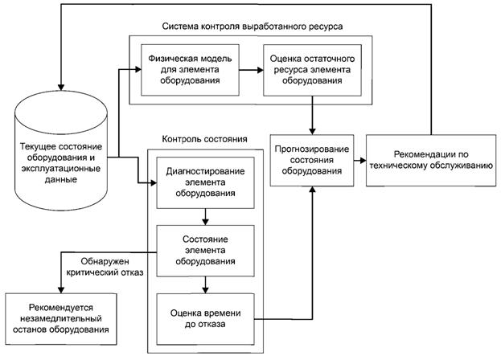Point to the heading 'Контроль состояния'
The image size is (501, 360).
[x=205, y=139]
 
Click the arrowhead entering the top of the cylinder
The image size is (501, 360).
[x=60, y=87]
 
